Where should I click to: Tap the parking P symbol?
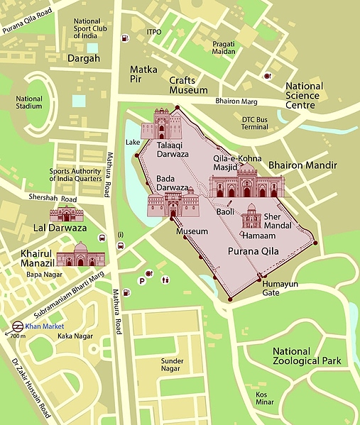click(x=142, y=281)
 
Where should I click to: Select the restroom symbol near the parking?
click(x=165, y=280)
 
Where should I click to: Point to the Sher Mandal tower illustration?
click(x=251, y=216)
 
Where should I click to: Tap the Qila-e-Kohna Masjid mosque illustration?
click(x=246, y=183)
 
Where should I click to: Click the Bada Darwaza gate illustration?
click(x=173, y=204)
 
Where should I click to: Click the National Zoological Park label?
click(x=307, y=356)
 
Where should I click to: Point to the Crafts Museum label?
click(x=188, y=86)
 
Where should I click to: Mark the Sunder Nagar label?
click(x=172, y=365)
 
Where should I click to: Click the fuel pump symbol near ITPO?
click(x=126, y=38)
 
